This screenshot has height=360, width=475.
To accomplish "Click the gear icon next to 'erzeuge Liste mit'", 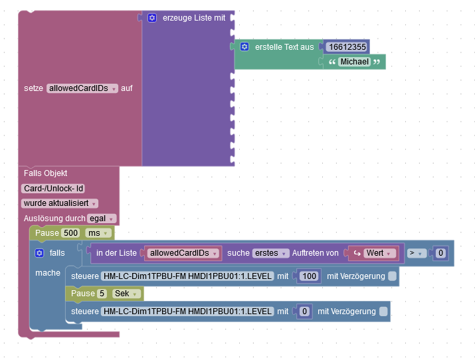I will pos(151,18).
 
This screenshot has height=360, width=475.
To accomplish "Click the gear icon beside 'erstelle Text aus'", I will pos(244,46).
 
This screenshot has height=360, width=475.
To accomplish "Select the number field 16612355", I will pos(347,46).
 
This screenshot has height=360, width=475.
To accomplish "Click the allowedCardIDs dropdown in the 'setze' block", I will pos(82,88).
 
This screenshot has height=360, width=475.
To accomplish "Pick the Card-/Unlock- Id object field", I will pos(53,188).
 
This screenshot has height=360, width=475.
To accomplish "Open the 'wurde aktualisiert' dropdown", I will pos(60,203).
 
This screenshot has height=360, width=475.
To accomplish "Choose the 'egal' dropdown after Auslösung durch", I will pos(102,218).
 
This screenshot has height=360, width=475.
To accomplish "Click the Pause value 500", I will pos(70,232).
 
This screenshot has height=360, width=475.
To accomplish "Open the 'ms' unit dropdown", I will pos(96,232).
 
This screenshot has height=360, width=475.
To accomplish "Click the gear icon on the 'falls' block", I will pos(39,253).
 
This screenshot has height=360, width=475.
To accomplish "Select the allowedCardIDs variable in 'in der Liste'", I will pos(183,253).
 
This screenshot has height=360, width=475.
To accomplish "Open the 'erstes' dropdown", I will pos(271,253).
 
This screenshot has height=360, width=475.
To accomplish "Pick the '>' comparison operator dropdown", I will pos(417,253).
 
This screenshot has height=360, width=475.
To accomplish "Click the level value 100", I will pos(308,275).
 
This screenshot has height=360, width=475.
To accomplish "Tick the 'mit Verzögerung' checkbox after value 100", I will pos(393,275).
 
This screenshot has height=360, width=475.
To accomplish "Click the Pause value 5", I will pos(102,294).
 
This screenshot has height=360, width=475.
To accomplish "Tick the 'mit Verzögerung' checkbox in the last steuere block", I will pos(383,311).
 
